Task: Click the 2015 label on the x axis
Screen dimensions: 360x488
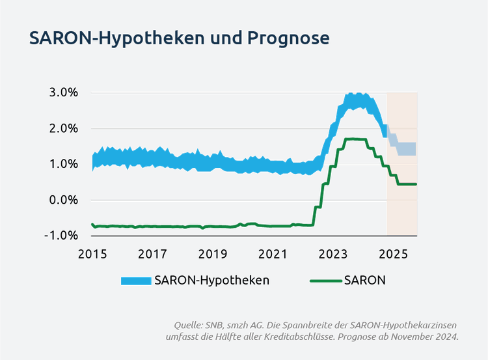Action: tap(92, 253)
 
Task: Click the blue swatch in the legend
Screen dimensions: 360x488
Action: tap(136, 281)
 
